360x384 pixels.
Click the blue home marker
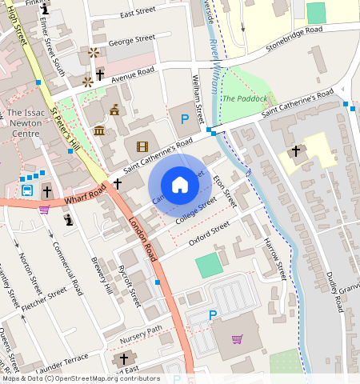point(180,185)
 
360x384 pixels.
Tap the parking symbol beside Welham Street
point(185,119)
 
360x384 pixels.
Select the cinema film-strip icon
point(142,146)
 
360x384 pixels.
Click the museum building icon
point(99,130)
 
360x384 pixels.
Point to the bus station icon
point(26,190)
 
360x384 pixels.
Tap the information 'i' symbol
point(69,218)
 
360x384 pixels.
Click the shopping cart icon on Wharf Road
point(44,209)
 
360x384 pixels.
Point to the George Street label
point(131,38)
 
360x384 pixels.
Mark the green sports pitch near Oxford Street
point(209,265)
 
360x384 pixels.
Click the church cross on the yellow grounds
point(295,150)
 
